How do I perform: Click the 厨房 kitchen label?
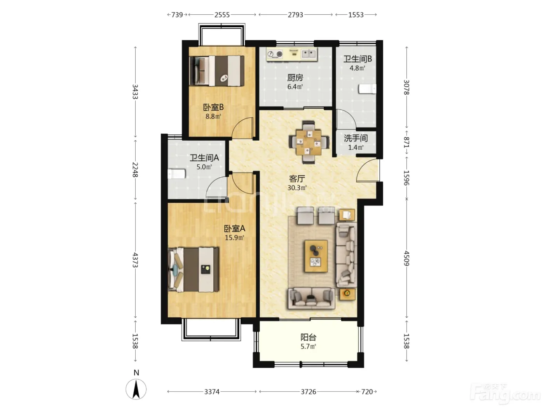tap(295, 78)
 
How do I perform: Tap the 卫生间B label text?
tap(357, 59)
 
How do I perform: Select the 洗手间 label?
tap(356, 138)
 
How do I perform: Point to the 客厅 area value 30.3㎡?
tap(297, 188)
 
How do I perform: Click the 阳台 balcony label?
tap(308, 337)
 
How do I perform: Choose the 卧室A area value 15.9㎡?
tap(234, 238)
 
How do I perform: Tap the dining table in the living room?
tap(309, 143)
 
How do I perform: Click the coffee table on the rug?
tap(316, 256)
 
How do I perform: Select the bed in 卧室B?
tap(216, 71)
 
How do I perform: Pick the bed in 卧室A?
tap(193, 270)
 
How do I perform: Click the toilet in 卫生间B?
tap(367, 89)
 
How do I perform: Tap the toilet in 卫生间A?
tap(176, 174)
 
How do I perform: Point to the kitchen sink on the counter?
tap(309, 54)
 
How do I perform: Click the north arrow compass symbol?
tap(136, 389)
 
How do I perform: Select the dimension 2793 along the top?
tap(295, 15)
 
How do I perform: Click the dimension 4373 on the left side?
tap(135, 260)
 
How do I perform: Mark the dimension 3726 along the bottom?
tap(309, 392)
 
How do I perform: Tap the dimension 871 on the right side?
tap(406, 143)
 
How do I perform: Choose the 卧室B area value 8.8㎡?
tap(213, 117)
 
